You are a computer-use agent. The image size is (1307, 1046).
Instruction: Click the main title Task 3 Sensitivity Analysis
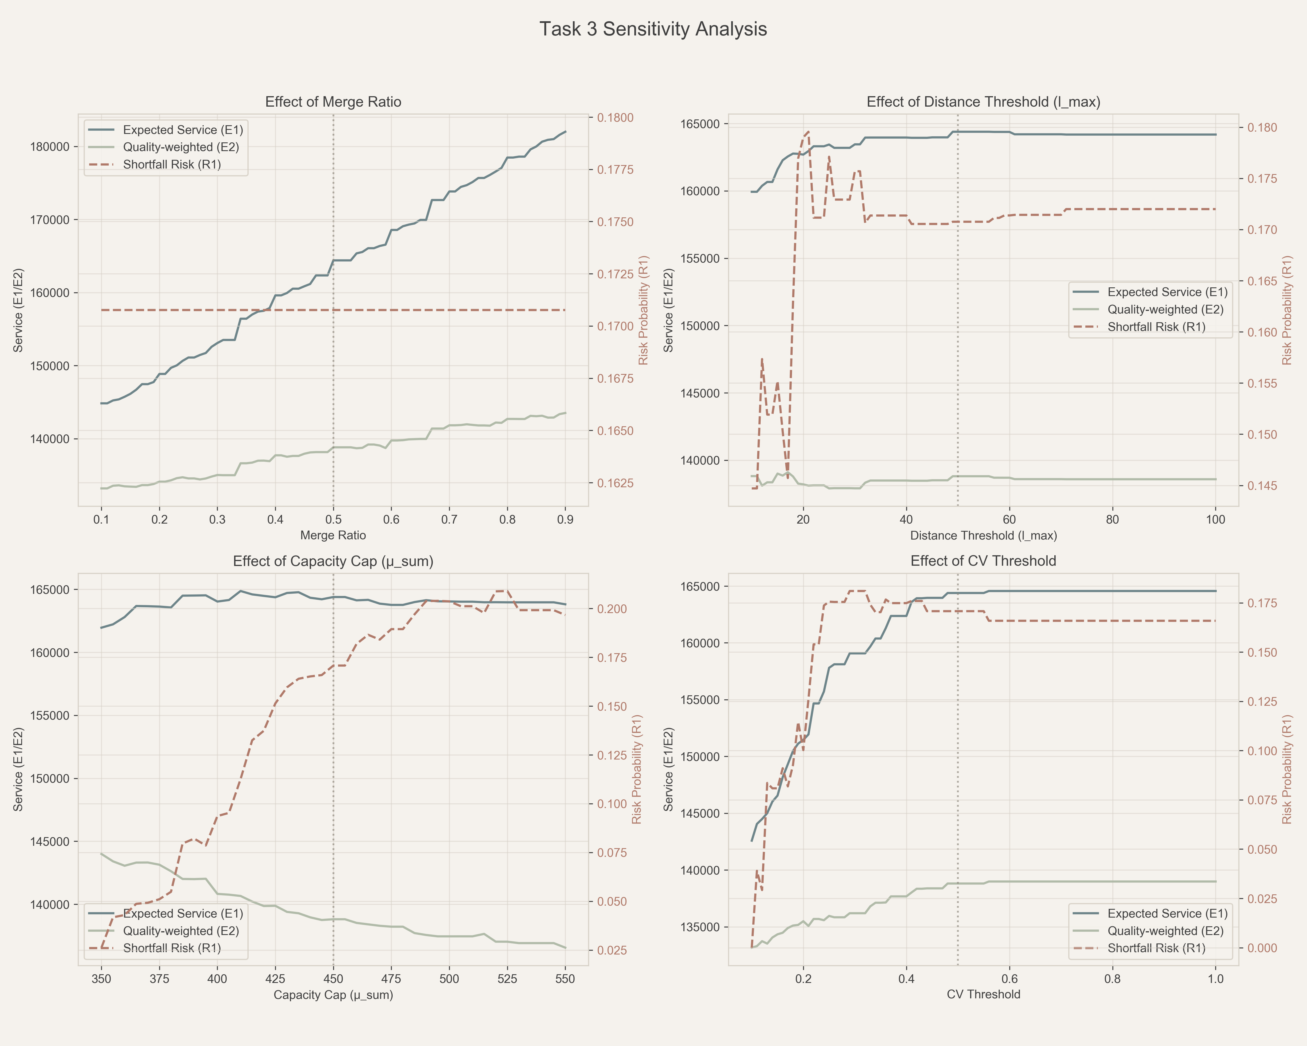pyautogui.click(x=653, y=29)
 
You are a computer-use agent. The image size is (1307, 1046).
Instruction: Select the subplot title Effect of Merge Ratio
pyautogui.click(x=333, y=102)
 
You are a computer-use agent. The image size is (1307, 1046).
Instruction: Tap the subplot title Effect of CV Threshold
pyautogui.click(x=983, y=561)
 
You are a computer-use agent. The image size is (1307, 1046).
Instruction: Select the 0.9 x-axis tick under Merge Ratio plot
pyautogui.click(x=565, y=520)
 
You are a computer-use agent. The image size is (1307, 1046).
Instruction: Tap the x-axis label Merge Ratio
pyautogui.click(x=333, y=535)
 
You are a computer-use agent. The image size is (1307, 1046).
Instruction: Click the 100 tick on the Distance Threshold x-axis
pyautogui.click(x=1216, y=520)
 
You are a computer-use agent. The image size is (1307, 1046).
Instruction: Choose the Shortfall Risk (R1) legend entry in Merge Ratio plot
pyautogui.click(x=172, y=164)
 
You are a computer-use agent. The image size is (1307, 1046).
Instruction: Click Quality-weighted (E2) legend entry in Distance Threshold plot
pyautogui.click(x=1165, y=309)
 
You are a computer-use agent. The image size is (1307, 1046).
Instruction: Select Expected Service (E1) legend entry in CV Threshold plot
pyautogui.click(x=1167, y=913)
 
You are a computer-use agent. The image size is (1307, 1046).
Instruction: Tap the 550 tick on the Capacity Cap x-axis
pyautogui.click(x=565, y=979)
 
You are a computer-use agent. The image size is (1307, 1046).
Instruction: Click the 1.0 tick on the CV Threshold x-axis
pyautogui.click(x=1216, y=979)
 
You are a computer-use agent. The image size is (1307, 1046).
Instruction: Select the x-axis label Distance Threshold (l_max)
pyautogui.click(x=983, y=535)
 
